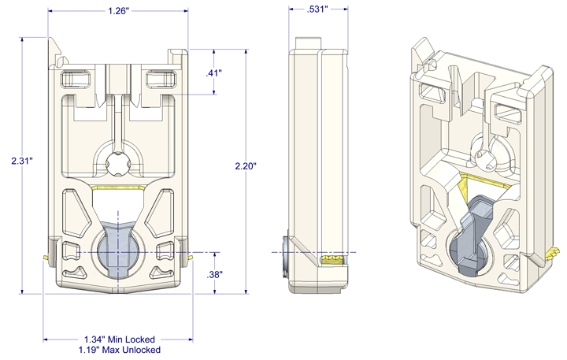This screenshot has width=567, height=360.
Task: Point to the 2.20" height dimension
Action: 246,166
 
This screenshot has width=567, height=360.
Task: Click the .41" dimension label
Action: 213,72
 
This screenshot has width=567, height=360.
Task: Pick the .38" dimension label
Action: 213,274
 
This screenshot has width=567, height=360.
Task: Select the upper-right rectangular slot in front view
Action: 160,78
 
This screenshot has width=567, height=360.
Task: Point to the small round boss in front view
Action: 117,163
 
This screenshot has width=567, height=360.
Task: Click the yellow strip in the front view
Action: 117,187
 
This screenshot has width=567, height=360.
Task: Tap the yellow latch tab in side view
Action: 334,258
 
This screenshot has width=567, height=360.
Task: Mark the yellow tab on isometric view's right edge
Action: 554,253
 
